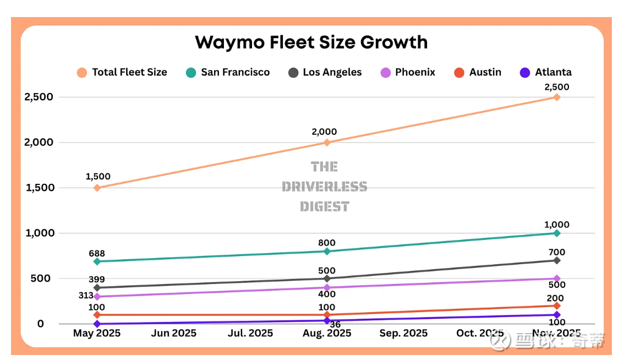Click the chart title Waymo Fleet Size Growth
pos(311,42)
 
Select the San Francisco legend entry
pos(235,72)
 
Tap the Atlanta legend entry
pos(553,72)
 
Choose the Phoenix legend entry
pos(415,72)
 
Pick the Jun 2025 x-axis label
pos(174,334)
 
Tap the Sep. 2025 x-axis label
pos(403,334)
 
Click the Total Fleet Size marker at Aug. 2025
pos(327,143)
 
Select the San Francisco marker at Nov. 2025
pos(557,233)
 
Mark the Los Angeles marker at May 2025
pos(97,288)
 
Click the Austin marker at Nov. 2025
pos(557,306)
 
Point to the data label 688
pos(97,254)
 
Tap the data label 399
pos(97,280)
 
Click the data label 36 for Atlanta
pos(335,325)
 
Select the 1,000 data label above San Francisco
pos(557,225)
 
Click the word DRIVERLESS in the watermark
pos(324,187)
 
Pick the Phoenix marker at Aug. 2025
pos(327,287)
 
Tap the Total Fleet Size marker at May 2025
pos(97,188)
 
